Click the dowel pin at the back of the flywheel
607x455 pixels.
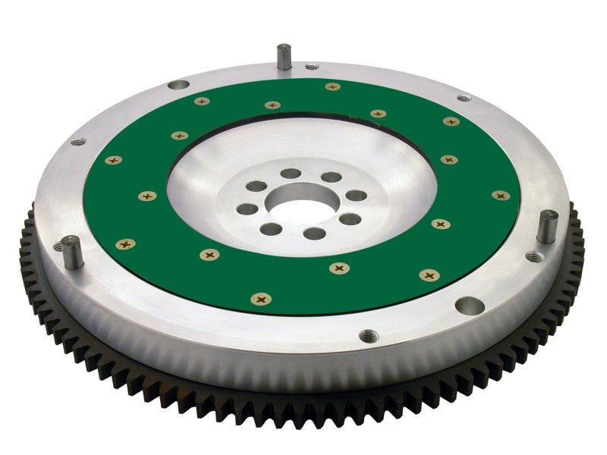coord(284,56)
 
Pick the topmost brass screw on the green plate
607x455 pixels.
coord(332,87)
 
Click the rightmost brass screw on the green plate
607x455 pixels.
coord(500,196)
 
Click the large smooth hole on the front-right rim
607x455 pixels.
coord(469,306)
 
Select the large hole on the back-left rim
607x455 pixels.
coord(179,86)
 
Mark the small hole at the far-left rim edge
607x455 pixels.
coord(77,141)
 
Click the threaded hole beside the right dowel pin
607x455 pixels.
coord(535,257)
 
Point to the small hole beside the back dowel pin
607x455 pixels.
coord(312,67)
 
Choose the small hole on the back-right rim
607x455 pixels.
coord(463,98)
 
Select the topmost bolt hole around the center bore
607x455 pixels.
coord(291,174)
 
